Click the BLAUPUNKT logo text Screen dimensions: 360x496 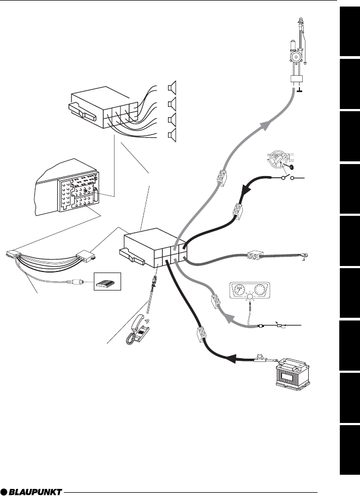pos(31,492)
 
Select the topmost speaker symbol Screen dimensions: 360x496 pos(172,88)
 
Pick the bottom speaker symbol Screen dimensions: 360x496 pos(172,135)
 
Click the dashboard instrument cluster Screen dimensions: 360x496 pos(250,290)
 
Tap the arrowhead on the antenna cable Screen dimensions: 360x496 pos(266,125)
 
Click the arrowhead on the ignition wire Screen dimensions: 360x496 pos(246,191)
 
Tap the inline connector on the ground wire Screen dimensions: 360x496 pos(255,255)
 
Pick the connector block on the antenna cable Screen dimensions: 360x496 pos(221,178)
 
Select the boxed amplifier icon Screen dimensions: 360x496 pos(107,281)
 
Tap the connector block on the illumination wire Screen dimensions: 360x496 pos(215,301)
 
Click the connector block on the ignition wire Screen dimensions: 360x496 pos(237,211)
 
